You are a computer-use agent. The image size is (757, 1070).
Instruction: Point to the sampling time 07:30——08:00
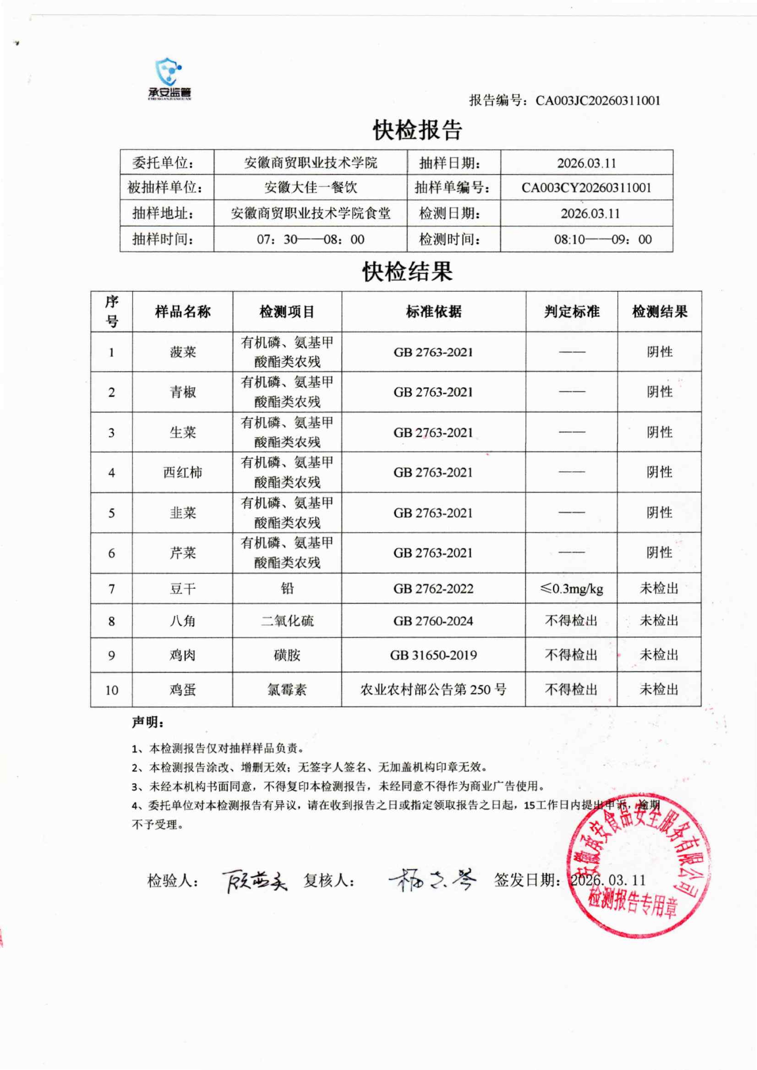coord(310,240)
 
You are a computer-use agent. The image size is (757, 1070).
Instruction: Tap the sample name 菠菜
coord(183,352)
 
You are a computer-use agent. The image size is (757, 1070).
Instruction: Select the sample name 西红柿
coord(183,472)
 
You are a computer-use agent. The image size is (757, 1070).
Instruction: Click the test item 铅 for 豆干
coord(287,589)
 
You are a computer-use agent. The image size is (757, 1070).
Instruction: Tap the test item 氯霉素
coord(287,690)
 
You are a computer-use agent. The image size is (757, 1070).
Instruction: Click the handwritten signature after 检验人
coord(254,881)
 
